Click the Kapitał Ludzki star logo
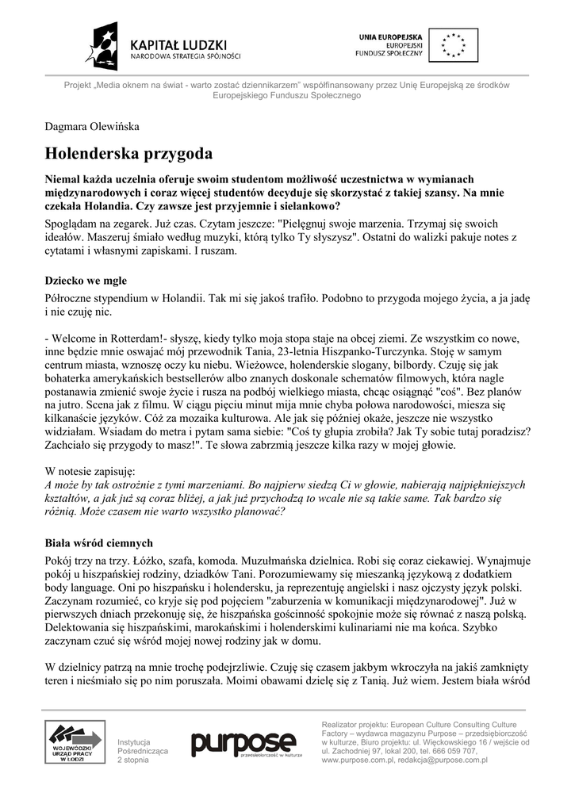105,46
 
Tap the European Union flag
454,45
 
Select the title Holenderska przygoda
128,152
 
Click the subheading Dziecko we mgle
86,281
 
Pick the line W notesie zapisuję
90,469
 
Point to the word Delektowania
79,628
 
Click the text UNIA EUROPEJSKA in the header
390,37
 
